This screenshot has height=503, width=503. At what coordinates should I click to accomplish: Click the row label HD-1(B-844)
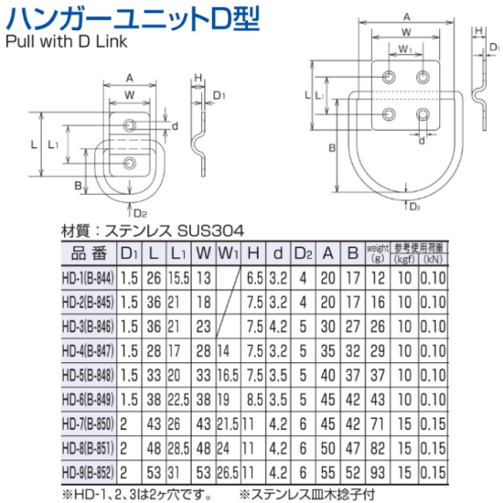(88, 278)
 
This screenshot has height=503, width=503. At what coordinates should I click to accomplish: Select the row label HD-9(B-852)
(88, 473)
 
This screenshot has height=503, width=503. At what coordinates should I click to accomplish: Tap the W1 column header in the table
(229, 253)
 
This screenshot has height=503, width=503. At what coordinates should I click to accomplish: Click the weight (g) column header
(377, 253)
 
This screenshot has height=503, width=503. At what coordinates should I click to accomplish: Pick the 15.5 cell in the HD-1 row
(178, 278)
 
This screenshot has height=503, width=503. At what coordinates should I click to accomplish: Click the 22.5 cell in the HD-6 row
(178, 400)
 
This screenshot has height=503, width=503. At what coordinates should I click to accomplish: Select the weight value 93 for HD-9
(377, 473)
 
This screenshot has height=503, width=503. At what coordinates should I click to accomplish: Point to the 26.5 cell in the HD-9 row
(228, 473)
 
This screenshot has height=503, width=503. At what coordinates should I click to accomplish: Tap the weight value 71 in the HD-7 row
(377, 424)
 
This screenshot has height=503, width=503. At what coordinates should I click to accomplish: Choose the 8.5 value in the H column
(255, 400)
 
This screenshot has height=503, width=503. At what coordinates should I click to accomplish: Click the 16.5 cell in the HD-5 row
(228, 375)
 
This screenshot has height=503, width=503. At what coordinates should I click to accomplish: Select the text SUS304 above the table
(210, 230)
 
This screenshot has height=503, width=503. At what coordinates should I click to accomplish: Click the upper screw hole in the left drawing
(130, 124)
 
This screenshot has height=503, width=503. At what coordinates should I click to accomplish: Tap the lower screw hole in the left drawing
(130, 164)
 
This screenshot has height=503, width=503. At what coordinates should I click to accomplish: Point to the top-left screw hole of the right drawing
(389, 77)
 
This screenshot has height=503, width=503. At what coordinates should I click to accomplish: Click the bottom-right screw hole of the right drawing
(423, 114)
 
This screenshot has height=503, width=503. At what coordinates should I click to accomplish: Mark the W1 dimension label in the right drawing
(405, 48)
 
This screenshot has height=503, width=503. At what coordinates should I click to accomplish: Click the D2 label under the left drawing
(140, 213)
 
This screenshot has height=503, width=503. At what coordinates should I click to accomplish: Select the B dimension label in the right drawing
(332, 148)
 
